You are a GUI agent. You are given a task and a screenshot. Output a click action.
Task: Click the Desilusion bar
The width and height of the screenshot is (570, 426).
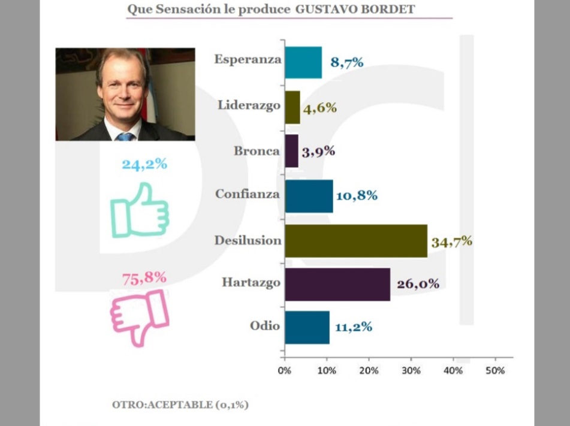(x=356, y=240)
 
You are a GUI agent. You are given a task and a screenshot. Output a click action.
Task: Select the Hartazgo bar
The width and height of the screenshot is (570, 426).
(x=337, y=284)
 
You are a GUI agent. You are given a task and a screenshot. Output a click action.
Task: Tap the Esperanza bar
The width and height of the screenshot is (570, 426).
(x=303, y=62)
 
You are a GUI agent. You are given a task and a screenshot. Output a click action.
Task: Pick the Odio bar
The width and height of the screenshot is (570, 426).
(x=307, y=327)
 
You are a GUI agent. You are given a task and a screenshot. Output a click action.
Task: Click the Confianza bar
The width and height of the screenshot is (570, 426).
(x=309, y=196)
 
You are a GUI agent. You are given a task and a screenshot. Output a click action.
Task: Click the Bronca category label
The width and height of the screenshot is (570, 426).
(x=257, y=150)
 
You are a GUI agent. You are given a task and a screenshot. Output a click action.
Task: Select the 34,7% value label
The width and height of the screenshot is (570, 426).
(x=452, y=241)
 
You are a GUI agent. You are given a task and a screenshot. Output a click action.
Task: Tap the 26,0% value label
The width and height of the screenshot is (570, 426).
(x=418, y=283)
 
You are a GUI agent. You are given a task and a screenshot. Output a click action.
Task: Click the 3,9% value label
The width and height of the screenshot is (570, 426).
(x=318, y=151)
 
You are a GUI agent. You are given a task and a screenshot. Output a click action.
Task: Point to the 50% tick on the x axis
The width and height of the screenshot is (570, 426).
(x=495, y=370)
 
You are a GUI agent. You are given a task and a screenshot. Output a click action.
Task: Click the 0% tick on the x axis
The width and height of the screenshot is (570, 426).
(x=285, y=370)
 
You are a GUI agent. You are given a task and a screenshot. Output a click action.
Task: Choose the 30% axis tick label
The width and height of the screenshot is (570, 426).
(x=411, y=370)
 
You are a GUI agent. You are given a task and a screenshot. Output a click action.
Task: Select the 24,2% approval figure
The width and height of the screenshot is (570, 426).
(x=144, y=164)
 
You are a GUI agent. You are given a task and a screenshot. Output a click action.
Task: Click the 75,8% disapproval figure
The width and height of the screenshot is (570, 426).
(x=144, y=277)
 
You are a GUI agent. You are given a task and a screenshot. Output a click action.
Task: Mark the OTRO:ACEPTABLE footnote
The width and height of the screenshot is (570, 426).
(x=180, y=404)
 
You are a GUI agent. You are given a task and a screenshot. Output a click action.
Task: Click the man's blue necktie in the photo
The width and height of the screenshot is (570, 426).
(x=125, y=137)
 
